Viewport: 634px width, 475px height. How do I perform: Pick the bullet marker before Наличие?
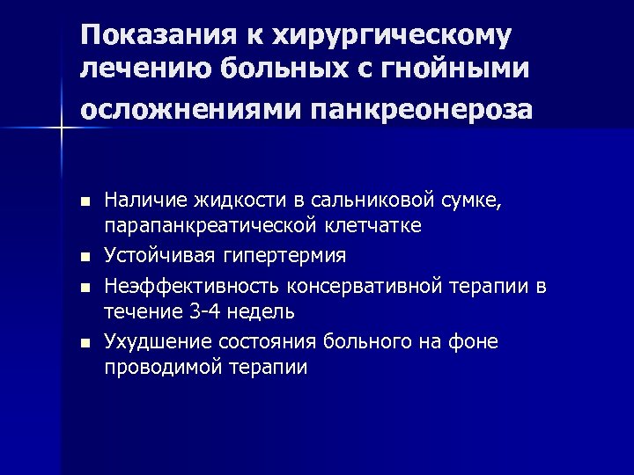coord(85,201)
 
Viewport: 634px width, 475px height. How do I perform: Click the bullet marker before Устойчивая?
coord(85,257)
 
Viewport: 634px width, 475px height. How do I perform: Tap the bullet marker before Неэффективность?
coord(85,286)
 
